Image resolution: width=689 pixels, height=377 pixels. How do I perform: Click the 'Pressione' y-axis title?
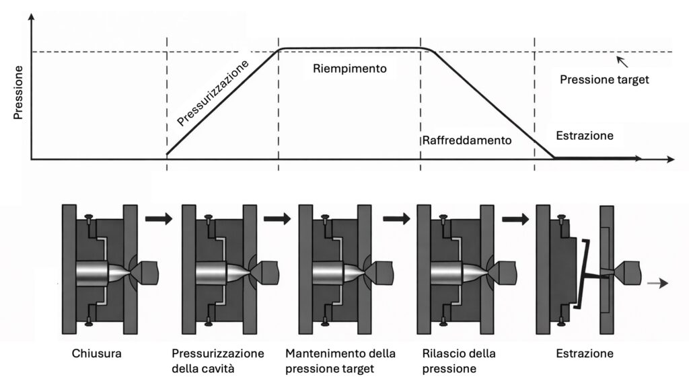(17, 93)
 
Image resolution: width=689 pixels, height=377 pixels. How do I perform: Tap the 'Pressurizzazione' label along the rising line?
(213, 93)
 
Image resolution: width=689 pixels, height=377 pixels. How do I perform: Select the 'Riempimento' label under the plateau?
(350, 69)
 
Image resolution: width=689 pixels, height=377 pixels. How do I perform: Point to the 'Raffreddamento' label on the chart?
(467, 140)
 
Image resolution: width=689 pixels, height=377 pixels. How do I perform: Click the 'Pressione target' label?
(604, 79)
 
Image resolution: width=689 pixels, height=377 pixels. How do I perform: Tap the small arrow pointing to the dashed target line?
(622, 62)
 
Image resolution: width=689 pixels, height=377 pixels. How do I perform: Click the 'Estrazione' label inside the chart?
(585, 135)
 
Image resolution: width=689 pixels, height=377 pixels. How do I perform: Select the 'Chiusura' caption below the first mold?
(97, 353)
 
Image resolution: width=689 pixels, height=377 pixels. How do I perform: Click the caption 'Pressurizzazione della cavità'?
(217, 361)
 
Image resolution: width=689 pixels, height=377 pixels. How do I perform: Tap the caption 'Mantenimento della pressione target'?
(340, 361)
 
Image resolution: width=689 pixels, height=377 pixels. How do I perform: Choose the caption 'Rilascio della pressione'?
(459, 361)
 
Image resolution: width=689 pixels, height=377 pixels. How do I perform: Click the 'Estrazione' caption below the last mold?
(585, 353)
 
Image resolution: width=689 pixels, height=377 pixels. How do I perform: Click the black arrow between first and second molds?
(159, 218)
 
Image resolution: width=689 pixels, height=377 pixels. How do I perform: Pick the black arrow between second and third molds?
(277, 218)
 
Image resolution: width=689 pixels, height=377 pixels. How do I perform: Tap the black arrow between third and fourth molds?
(397, 218)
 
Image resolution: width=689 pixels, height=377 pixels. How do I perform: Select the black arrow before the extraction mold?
(515, 218)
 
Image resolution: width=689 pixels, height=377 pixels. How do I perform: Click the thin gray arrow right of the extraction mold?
(658, 284)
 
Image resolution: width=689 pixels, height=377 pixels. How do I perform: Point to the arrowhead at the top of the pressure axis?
(31, 17)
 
